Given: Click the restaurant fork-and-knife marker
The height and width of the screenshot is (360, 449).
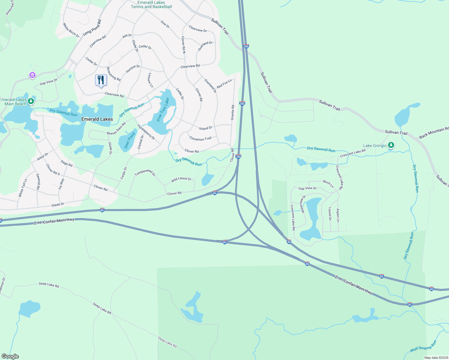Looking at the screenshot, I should click(x=101, y=80).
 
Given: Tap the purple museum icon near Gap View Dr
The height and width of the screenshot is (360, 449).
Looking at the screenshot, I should click(x=32, y=75).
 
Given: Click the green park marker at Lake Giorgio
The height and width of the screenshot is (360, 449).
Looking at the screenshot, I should click(x=391, y=145).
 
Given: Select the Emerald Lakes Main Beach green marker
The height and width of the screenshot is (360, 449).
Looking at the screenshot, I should click(x=31, y=102).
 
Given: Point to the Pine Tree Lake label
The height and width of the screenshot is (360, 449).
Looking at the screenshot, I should click(x=163, y=109).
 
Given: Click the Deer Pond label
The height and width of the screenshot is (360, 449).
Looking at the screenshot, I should click(x=130, y=140).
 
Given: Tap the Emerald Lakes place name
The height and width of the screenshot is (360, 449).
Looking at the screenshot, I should click(x=97, y=119).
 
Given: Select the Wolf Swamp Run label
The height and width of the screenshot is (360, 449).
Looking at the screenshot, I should click(x=423, y=346).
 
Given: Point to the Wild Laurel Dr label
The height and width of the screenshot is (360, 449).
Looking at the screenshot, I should click(x=181, y=179).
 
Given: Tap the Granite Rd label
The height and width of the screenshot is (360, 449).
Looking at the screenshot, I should click(x=233, y=112).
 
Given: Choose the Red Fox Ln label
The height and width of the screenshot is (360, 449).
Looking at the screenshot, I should click(x=224, y=84).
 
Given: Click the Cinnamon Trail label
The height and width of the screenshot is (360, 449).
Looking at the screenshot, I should click(x=200, y=139).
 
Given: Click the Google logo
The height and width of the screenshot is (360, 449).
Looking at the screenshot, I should click(x=10, y=356).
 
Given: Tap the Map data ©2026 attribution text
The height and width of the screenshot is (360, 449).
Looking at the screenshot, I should click(x=436, y=358).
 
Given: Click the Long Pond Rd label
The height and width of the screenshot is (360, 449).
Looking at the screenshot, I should click(x=92, y=28).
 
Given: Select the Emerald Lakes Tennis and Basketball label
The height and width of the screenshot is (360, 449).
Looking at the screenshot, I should click(x=151, y=4).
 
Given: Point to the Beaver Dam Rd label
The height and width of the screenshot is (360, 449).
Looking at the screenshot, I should click(x=116, y=129).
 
